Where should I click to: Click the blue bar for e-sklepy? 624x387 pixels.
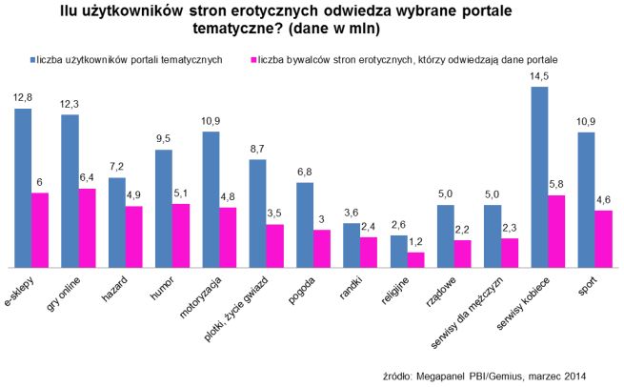coord(23,187)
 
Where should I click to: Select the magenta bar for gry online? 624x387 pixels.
coord(88,228)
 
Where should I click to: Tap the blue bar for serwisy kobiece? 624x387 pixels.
coord(539,176)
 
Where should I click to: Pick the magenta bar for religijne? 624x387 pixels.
coord(415,259)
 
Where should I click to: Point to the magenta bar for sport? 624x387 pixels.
coord(604,238)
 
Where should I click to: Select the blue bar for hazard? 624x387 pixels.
coord(117,222)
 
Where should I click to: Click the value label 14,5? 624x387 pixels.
coord(539,75)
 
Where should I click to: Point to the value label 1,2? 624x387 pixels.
coord(415,242)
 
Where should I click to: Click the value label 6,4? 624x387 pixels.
coord(88,177)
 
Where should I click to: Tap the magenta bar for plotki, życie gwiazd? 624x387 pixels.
coord(275,246)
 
